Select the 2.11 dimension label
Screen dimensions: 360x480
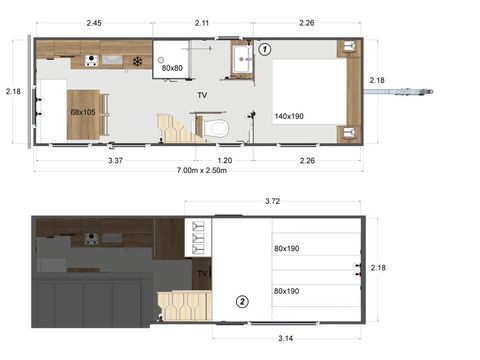[x=201, y=22]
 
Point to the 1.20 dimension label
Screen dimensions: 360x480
[x=225, y=159]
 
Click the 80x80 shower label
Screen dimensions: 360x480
[x=172, y=68]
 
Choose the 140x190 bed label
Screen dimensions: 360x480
[x=289, y=116]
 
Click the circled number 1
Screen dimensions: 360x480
[x=265, y=47]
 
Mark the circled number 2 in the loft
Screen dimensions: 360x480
[x=241, y=299]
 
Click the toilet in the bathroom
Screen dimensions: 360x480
[x=216, y=127]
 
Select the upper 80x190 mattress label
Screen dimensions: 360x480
[x=287, y=248]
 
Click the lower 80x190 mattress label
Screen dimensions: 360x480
[x=287, y=292]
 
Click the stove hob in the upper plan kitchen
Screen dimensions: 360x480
[x=92, y=61]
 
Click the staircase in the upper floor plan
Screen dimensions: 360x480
[x=175, y=127]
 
